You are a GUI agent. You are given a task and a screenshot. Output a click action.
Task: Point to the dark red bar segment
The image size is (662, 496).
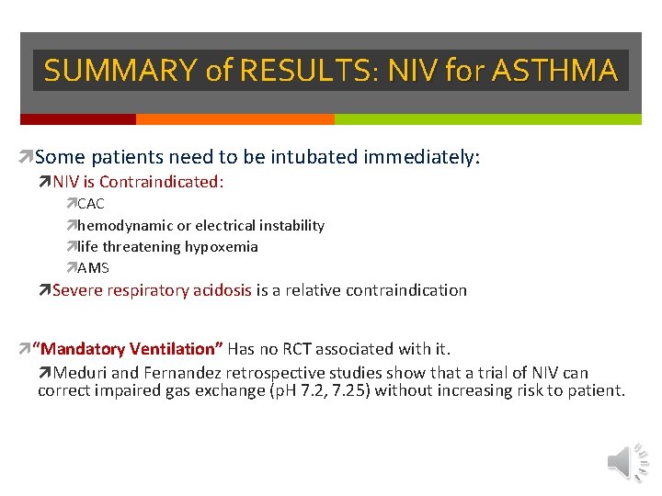click(x=78, y=119)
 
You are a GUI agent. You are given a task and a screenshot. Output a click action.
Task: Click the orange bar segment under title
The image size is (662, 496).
click(x=234, y=119)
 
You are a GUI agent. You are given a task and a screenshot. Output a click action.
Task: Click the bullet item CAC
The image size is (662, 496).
click(x=91, y=204)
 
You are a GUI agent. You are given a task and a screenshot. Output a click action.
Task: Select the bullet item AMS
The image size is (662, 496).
click(x=93, y=268)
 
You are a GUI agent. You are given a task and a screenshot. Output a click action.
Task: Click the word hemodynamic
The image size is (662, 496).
click(x=121, y=225)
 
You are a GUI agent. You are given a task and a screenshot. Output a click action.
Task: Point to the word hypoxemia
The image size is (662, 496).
click(x=222, y=246)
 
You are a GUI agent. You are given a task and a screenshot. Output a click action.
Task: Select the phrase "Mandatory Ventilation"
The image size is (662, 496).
click(x=128, y=349)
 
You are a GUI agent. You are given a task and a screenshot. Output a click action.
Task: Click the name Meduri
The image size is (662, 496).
click(x=80, y=373)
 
